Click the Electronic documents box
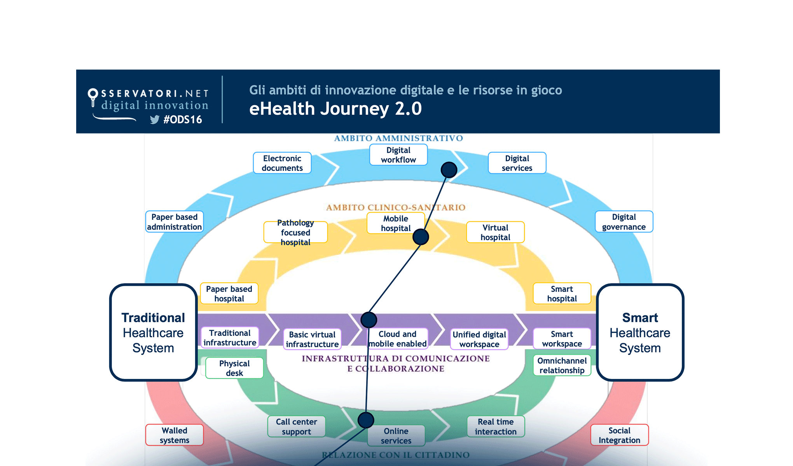point(282,163)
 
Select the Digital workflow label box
point(398,155)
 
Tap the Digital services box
point(517,163)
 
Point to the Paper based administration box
point(175,222)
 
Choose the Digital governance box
point(624,222)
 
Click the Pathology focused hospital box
point(295,232)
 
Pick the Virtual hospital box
point(495,232)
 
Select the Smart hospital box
point(562,294)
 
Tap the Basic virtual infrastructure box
point(312,339)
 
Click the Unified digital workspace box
point(479,339)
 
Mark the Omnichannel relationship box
point(562,365)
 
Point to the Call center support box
point(296,426)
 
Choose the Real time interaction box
point(496,426)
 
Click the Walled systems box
point(175,435)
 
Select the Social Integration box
point(619,435)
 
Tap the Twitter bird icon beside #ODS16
point(155,120)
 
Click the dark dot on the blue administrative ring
point(449,170)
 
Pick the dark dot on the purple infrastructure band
point(369,320)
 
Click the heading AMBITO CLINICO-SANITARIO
point(395,207)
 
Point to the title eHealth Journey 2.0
point(335,109)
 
